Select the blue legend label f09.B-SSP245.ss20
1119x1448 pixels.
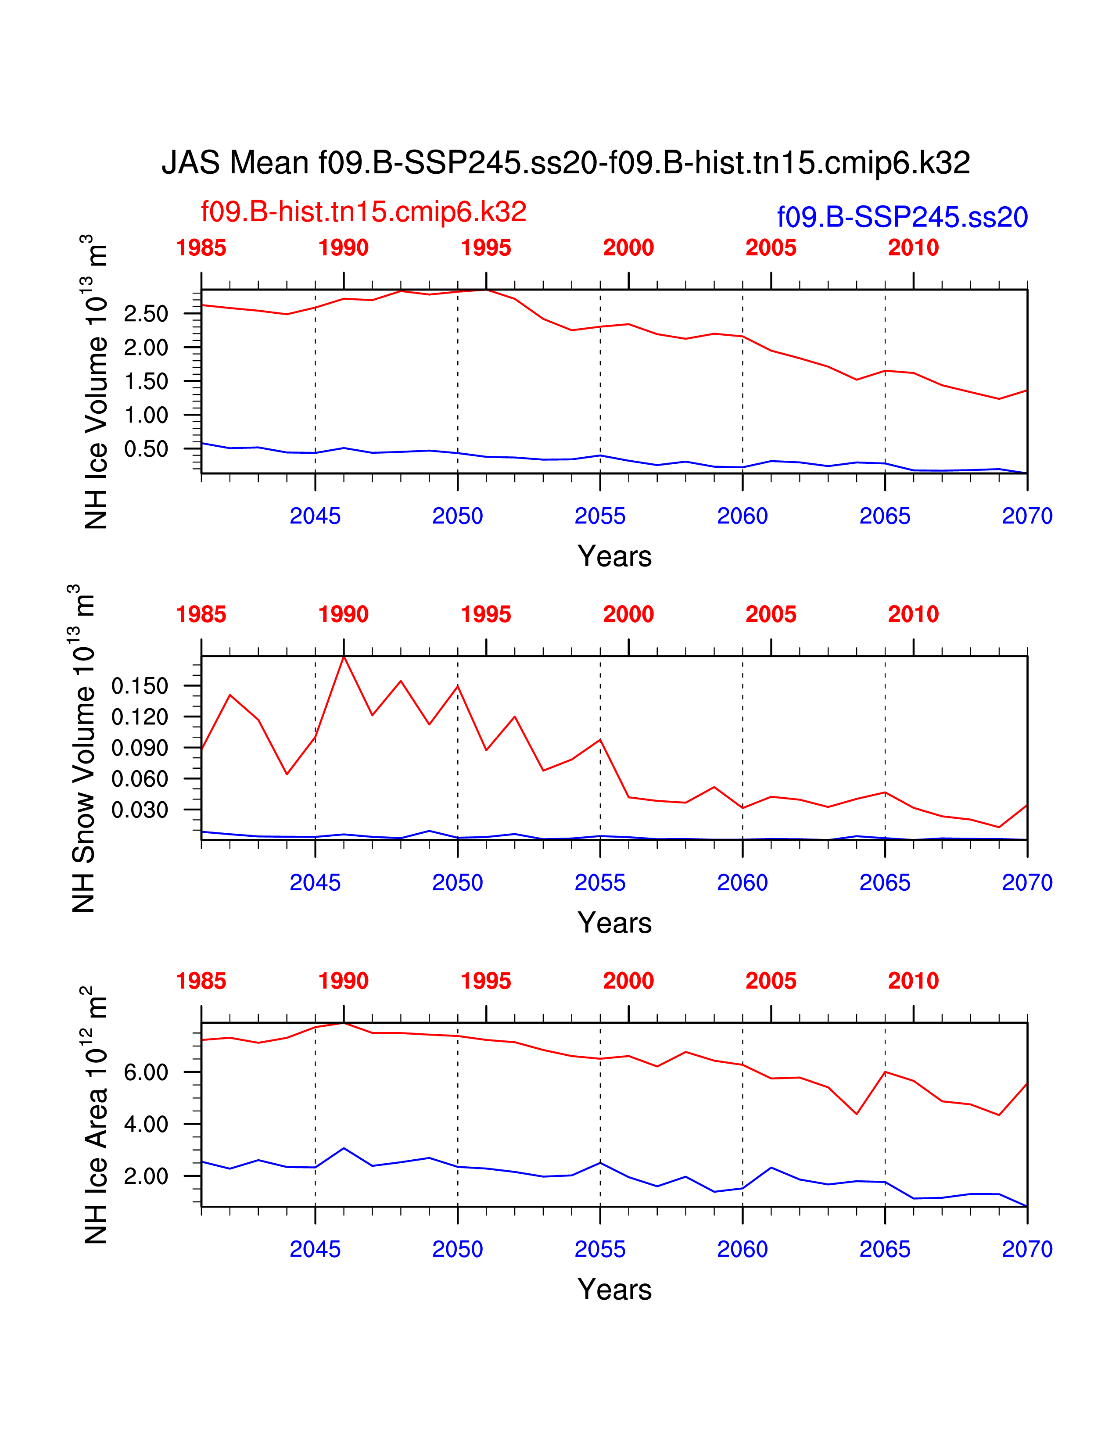(902, 218)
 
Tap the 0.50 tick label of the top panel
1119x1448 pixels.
(146, 449)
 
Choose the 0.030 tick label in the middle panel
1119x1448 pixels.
(140, 810)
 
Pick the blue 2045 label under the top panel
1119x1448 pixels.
(315, 516)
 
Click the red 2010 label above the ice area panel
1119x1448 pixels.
(914, 981)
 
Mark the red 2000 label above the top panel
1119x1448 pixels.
(628, 247)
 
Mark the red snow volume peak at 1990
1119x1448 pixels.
(344, 656)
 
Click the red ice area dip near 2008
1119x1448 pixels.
(857, 1114)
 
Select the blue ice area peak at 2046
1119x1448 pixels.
(344, 1148)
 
